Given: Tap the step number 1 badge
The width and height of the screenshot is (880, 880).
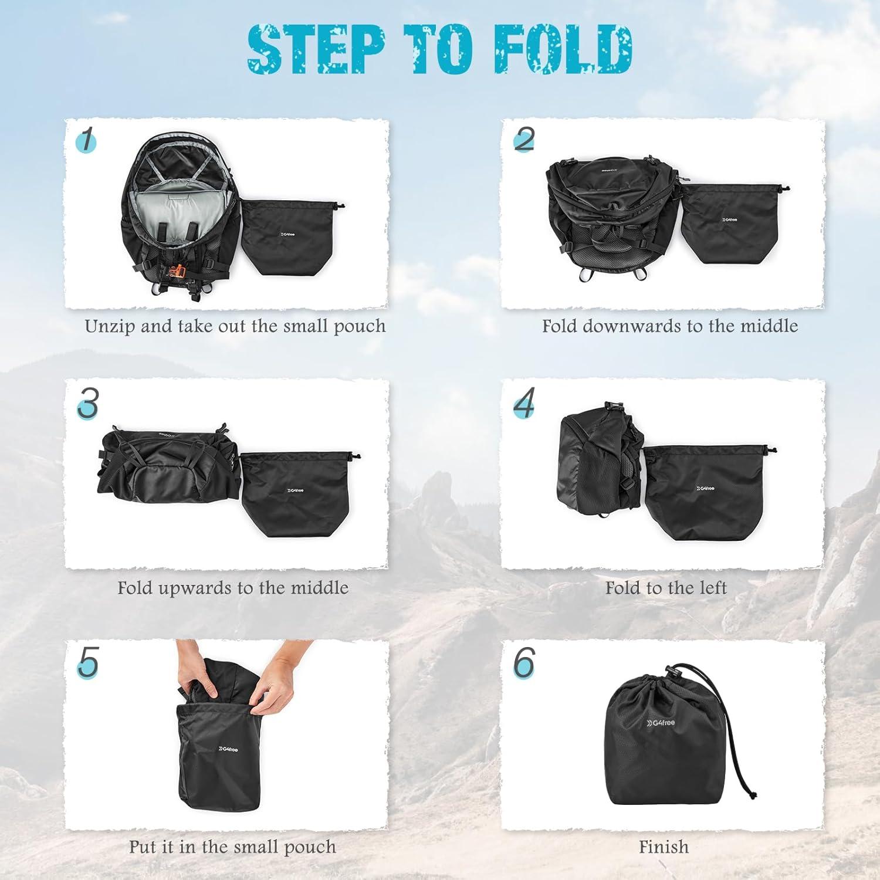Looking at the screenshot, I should click(x=86, y=141).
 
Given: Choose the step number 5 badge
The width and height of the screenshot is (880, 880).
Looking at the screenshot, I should click(x=87, y=662).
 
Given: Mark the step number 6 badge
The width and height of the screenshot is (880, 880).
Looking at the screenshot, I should click(x=524, y=662).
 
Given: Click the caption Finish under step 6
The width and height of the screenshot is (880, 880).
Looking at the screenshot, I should click(x=664, y=847).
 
